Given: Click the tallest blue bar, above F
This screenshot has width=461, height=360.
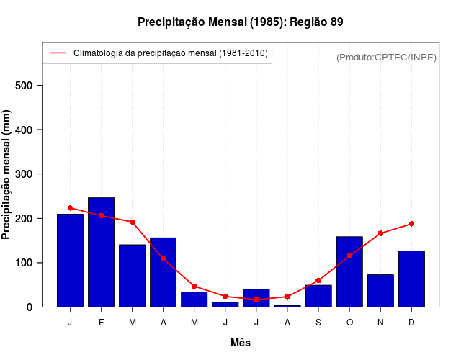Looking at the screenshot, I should pos(101,252).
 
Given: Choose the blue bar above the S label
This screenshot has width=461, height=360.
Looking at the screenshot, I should pos(318,295).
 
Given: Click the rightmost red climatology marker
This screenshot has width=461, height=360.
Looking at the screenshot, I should pos(411,224).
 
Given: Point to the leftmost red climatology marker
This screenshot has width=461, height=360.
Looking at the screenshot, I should pos(70,208).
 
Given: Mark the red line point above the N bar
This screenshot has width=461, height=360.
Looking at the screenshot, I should pos(380,233).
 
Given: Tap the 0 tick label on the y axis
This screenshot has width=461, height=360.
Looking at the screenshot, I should pos(30,307).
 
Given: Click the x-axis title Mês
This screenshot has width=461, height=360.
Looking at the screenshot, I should pos(241,343).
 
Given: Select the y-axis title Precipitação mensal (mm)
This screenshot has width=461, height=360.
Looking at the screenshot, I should pos(7,174).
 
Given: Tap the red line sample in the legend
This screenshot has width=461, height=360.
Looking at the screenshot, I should pos(58,53).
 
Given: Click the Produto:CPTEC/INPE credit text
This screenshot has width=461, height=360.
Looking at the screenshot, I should pos(386,57).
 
